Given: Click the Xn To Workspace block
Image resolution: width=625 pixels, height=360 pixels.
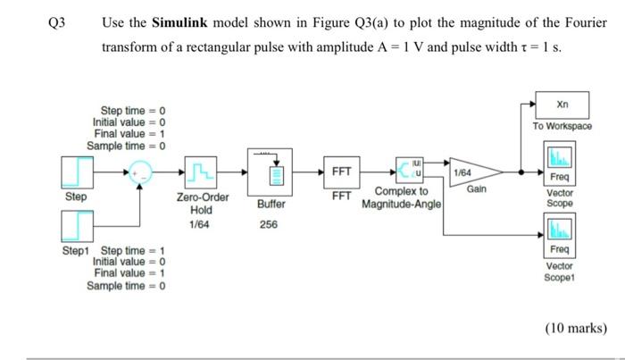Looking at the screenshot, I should (x=562, y=104).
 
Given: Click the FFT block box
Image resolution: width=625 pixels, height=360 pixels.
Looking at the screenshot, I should (x=340, y=171).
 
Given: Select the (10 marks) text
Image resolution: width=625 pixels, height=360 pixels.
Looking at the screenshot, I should (x=574, y=329).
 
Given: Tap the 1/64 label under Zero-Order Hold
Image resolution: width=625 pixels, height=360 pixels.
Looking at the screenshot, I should (x=202, y=223).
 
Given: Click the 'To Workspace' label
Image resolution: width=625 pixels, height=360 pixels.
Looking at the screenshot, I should (x=562, y=127).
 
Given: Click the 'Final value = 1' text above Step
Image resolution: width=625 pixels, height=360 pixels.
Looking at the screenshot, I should (x=129, y=133).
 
